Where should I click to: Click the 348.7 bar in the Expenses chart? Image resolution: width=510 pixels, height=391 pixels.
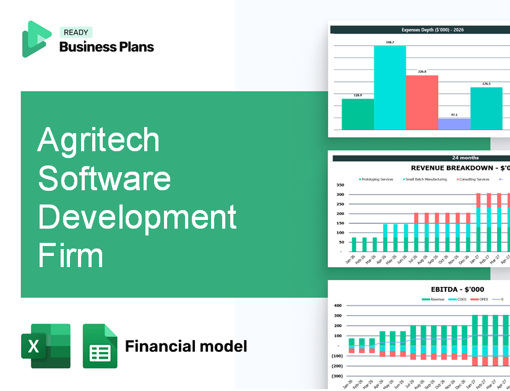pos(390,87)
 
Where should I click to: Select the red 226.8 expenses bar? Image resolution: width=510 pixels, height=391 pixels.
pos(422,102)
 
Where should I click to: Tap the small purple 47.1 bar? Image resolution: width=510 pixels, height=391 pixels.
pos(454,124)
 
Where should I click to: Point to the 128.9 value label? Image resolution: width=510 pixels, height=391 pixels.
pos(358,95)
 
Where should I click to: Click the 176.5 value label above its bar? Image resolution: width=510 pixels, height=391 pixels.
pos(486,84)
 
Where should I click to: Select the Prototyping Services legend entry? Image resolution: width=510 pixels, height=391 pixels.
pos(377,180)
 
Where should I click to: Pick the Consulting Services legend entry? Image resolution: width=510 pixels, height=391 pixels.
pos(473,180)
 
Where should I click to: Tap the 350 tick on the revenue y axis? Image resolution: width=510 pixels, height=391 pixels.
pos(340,185)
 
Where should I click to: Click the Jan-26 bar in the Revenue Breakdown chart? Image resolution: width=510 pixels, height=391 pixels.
pos(354,245)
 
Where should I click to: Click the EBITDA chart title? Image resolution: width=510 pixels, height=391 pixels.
pos(457,289)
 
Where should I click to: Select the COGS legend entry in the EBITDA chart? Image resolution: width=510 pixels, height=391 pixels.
pos(459,299)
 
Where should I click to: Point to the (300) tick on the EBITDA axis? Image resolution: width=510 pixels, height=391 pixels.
pos(337,376)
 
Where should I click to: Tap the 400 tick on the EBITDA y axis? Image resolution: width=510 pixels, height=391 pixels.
pos(338,305)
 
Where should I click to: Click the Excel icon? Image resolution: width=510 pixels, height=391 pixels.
pos(46,346)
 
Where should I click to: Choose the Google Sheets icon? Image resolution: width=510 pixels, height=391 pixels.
pos(100,346)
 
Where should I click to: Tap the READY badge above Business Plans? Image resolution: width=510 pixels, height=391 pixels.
pos(75,33)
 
